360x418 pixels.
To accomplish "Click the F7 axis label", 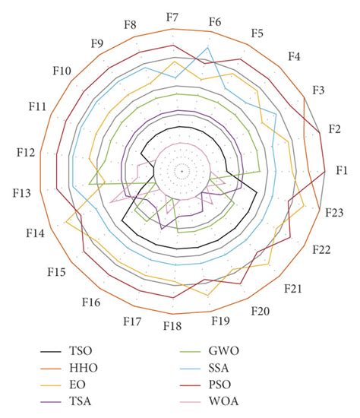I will (172, 17).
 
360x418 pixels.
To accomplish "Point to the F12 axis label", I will (24, 152).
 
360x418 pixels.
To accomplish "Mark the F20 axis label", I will (260, 312).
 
